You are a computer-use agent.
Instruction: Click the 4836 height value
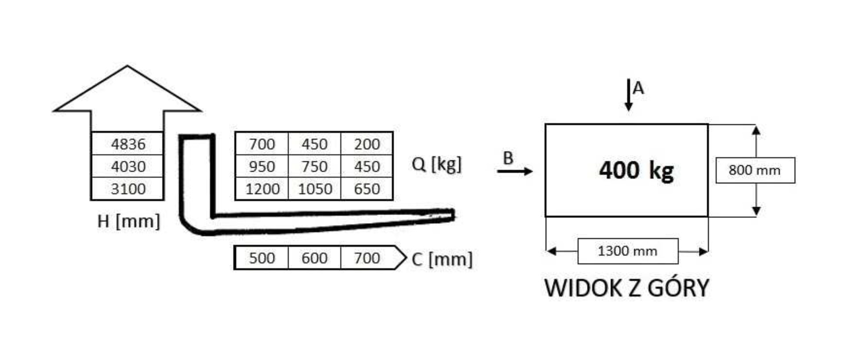(x=128, y=144)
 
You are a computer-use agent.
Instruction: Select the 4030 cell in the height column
(x=128, y=167)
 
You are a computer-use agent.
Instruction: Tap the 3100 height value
(x=128, y=189)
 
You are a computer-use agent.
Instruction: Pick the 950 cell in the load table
(x=262, y=167)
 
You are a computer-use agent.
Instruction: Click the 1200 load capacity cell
(x=262, y=189)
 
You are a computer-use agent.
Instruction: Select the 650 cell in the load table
(x=367, y=189)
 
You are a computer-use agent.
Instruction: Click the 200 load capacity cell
(x=367, y=144)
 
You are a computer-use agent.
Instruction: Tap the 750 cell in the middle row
(x=314, y=167)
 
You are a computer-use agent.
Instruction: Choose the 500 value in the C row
(x=262, y=258)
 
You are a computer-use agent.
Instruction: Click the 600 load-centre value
(x=314, y=258)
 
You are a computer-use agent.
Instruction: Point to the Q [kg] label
(x=437, y=165)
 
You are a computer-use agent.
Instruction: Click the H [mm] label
(x=128, y=221)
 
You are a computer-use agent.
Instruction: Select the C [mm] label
(x=442, y=259)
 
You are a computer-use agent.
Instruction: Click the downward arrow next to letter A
(x=629, y=95)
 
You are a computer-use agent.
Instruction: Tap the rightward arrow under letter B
(x=515, y=171)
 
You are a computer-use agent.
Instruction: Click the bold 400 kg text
(x=636, y=171)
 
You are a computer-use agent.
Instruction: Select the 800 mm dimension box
(x=755, y=170)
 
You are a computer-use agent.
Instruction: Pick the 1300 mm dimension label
(x=627, y=251)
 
